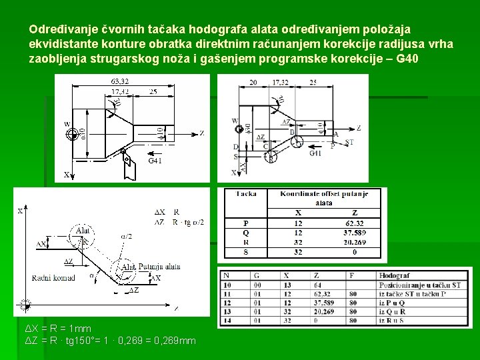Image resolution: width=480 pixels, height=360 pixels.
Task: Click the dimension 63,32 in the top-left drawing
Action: pos(119,81)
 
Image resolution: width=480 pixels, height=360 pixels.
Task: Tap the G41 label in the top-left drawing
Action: pos(154,161)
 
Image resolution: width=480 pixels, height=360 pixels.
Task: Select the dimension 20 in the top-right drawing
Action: pos(253,82)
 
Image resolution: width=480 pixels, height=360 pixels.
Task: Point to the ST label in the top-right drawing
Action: pos(351,142)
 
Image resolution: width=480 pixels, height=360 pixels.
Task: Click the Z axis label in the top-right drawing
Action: pos(358,128)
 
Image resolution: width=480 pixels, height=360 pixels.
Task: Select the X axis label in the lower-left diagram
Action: pos(19,211)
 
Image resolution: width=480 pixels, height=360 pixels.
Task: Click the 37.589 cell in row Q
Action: pos(354,233)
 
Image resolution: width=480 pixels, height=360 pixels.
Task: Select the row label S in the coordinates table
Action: pos(246,253)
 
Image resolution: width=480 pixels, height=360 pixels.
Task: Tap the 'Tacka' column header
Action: pos(246,194)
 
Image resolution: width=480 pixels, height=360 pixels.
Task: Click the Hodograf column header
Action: pos(394,275)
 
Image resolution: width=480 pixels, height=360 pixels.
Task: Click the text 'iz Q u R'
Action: pos(393,311)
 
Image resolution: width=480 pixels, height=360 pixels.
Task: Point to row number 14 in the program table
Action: pos(228,321)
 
